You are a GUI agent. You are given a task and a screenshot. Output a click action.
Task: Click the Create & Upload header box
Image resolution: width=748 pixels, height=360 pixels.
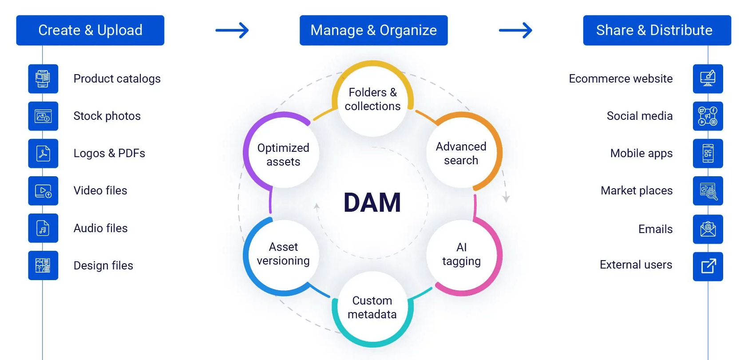point(90,30)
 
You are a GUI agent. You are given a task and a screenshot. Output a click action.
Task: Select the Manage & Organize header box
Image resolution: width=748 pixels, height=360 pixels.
point(373,30)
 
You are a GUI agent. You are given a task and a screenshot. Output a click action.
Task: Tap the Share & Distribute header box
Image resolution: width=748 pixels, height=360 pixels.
point(657,30)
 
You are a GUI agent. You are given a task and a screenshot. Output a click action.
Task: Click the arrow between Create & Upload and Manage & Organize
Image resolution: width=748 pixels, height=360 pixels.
point(232,30)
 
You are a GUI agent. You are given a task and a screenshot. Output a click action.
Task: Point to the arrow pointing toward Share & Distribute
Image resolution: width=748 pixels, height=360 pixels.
point(515,30)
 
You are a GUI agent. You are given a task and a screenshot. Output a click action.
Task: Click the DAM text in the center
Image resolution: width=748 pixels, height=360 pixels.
point(372,202)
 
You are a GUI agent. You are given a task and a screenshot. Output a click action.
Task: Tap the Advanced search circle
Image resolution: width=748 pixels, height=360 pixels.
point(461,153)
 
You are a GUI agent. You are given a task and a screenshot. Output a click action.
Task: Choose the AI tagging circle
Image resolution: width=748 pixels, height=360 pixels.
point(462,254)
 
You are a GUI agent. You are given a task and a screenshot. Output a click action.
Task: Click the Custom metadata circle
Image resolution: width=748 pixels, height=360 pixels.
point(372,307)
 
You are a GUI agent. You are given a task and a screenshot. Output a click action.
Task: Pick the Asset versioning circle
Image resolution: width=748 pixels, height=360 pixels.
point(283,254)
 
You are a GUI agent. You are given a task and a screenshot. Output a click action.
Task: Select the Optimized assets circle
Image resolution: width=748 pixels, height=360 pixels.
point(283,154)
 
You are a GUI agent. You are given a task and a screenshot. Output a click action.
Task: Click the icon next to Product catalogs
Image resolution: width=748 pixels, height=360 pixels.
point(43,79)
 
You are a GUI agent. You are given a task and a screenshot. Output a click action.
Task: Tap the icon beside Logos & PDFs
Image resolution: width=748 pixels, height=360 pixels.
point(43,153)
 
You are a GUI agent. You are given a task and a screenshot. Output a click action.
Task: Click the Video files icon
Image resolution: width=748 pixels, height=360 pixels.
point(43,191)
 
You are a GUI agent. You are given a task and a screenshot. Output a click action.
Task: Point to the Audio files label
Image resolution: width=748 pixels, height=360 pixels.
point(100,228)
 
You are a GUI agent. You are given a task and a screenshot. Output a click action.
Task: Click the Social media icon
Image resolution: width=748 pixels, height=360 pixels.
point(708,116)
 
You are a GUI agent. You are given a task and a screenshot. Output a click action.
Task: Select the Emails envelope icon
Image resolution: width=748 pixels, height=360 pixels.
point(708,229)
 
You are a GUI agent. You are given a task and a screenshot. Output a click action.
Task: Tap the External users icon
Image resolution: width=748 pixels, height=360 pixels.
point(708,266)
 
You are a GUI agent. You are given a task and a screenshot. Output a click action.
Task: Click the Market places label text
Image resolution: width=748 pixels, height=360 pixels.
point(636,190)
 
